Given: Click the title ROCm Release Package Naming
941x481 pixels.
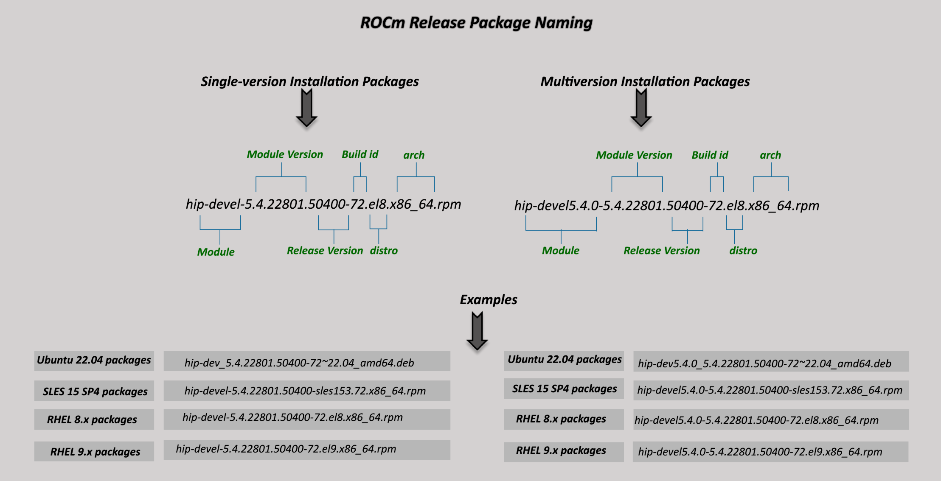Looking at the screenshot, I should [x=476, y=22].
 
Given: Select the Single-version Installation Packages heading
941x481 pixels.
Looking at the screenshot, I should [x=309, y=81].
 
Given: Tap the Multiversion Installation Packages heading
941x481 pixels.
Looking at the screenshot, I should [x=645, y=81].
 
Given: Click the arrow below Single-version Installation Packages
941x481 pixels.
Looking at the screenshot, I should [x=306, y=109].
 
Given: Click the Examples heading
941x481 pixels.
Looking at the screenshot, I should [x=488, y=299].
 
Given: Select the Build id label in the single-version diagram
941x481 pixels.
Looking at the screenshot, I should [x=360, y=154].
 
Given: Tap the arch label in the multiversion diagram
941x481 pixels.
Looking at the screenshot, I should [x=770, y=155].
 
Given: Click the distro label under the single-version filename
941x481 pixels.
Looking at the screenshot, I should [x=383, y=251].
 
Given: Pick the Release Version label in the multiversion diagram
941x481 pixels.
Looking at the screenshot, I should [x=661, y=251].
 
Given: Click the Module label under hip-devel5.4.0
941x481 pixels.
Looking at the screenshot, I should [x=560, y=251].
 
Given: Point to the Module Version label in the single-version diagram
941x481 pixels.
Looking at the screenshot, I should [x=285, y=154].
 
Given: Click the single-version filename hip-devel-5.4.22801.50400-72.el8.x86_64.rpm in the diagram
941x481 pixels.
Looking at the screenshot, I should [x=323, y=204].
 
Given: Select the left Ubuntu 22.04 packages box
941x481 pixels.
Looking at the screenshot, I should [x=94, y=361].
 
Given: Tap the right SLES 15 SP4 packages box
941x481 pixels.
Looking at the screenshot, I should [x=564, y=389].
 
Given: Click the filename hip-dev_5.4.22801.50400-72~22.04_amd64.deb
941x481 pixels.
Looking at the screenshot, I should [x=299, y=363].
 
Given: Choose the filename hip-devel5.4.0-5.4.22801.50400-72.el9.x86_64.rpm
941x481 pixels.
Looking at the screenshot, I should [x=760, y=452].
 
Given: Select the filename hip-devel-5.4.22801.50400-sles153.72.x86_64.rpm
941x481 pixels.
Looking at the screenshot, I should [x=305, y=391].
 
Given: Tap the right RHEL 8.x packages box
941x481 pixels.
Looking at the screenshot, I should [x=561, y=419].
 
